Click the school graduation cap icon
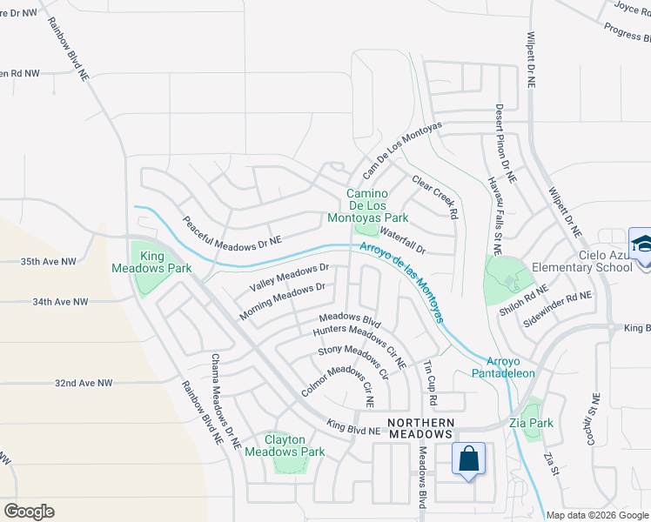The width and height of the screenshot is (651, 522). tap(640, 244)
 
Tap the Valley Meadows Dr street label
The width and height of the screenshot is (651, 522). tap(289, 278)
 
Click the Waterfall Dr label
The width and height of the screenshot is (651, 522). tap(402, 243)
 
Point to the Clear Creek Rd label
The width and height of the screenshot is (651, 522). tap(435, 197)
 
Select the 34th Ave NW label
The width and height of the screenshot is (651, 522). tap(60, 302)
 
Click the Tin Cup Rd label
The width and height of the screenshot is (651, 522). tap(430, 383)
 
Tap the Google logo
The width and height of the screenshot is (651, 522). tap(29, 512)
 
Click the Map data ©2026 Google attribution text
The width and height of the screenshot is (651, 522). tap(596, 515)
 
